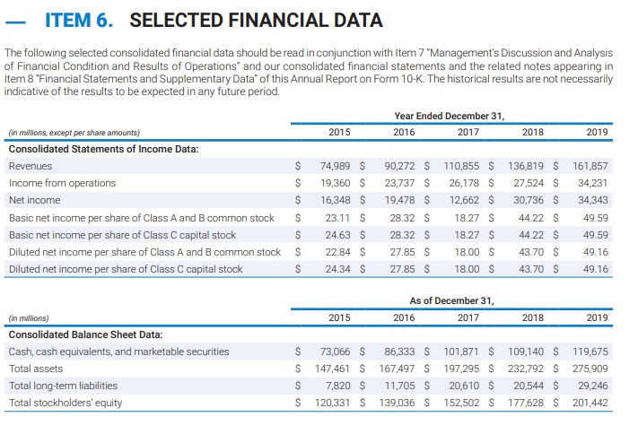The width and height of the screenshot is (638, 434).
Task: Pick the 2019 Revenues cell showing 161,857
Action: click(x=590, y=166)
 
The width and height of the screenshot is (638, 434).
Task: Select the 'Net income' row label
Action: click(x=34, y=200)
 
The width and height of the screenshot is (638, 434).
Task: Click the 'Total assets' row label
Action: click(x=35, y=369)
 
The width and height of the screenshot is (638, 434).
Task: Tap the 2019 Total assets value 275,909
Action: click(x=590, y=369)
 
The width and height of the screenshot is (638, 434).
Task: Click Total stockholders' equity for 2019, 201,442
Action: click(x=590, y=403)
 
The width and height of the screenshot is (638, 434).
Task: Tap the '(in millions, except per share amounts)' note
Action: click(x=74, y=132)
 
